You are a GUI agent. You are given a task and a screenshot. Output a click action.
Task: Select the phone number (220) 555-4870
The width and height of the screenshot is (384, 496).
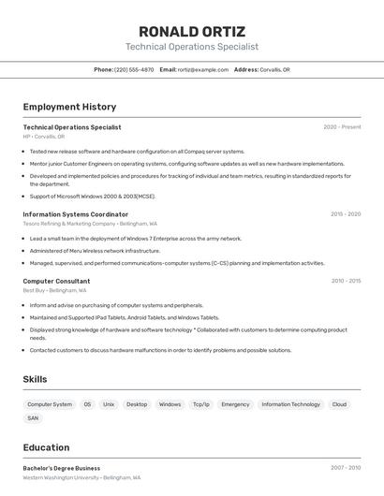point(134,69)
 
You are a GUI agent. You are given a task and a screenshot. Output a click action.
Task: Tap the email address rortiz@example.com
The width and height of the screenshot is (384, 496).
point(203,69)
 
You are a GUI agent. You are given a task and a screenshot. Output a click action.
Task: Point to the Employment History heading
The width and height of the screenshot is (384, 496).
point(69,107)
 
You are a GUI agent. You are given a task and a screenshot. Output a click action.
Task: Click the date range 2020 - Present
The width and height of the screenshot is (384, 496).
point(342,127)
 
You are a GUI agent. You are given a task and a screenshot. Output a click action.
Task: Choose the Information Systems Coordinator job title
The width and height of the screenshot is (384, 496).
point(75,213)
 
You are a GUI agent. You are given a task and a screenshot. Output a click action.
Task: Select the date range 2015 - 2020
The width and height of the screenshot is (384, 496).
point(345,213)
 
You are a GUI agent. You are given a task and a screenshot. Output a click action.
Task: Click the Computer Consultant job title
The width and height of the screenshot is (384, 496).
point(56,281)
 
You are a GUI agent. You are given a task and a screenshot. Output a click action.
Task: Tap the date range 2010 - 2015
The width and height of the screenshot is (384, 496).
point(345,281)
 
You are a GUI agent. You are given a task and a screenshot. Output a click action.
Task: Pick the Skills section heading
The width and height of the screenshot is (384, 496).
point(35,379)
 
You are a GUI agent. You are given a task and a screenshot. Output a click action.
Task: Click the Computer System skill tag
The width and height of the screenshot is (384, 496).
point(50,404)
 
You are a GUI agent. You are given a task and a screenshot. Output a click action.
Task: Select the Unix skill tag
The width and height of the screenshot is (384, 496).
point(109,404)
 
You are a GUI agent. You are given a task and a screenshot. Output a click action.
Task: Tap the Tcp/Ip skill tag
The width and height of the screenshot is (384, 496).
point(201,404)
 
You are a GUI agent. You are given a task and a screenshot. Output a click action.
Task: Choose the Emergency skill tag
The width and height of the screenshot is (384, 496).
point(235,404)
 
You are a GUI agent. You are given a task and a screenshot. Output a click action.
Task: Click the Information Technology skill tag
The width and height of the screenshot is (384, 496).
point(290,404)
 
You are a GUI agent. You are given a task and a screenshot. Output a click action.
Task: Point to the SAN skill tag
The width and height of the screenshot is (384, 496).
point(33,418)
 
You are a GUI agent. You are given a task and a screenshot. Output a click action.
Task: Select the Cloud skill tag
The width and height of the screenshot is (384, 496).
point(339,404)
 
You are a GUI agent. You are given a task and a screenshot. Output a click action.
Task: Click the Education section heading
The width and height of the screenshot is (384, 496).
point(46,447)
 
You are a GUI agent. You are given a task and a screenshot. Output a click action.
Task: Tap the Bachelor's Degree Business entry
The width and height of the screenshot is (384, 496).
point(61,468)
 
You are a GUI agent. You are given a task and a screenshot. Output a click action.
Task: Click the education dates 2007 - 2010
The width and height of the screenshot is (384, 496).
point(345,468)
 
